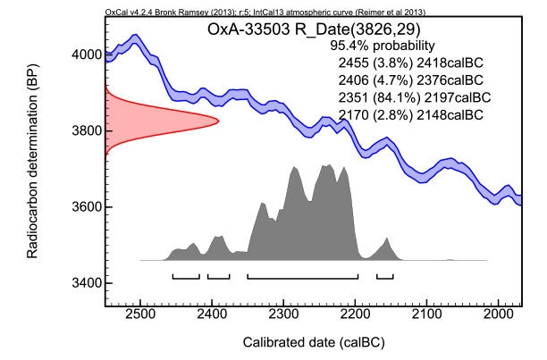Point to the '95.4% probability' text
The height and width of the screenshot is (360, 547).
pos(383,46)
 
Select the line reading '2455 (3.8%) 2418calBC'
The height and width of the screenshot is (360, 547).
pos(411,63)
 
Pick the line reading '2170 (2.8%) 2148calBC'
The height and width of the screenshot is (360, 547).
pos(411,114)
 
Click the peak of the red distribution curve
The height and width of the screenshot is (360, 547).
pos(218,121)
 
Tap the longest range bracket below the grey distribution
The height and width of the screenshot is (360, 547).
pos(303,278)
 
